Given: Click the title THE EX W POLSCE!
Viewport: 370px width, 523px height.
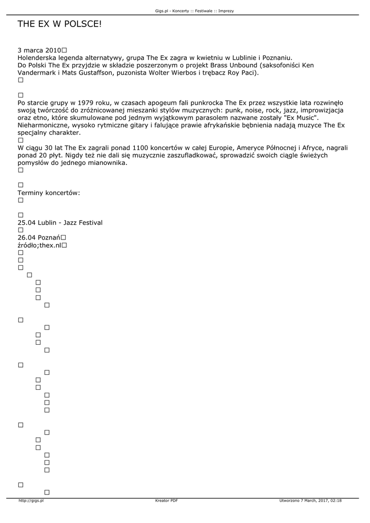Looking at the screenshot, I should coord(60,24).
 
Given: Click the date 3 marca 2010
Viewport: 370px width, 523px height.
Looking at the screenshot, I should coord(39,51).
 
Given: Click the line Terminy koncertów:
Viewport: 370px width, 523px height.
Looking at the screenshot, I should coord(49,193).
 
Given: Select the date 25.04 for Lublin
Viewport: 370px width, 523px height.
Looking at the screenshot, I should coord(27,223).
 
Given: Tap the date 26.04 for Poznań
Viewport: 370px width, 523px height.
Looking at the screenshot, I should coord(27,237).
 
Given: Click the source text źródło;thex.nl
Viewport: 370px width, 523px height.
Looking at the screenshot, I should coord(39,245).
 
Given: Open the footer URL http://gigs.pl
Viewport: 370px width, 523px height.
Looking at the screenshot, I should coord(31,501).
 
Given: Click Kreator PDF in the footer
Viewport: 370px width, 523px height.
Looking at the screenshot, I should coord(166,501).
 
